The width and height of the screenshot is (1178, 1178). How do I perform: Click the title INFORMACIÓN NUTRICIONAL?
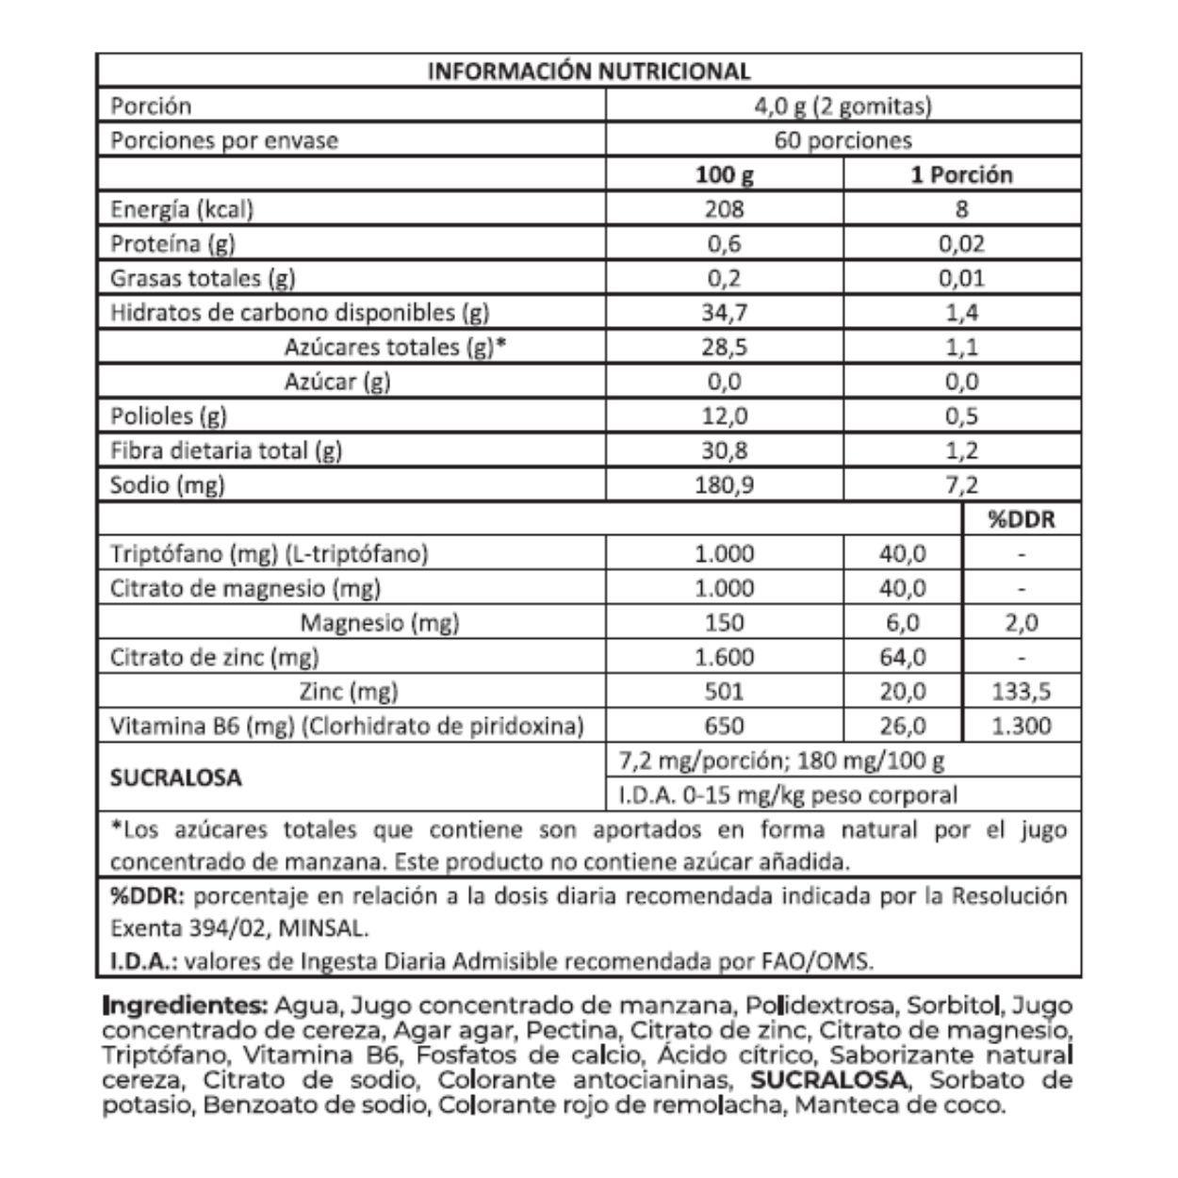pos(589,71)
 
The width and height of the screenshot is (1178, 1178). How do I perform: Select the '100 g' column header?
pos(724,175)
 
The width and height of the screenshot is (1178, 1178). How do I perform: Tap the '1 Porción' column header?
pos(961,175)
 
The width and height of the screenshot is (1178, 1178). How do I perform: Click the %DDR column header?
pos(1022,519)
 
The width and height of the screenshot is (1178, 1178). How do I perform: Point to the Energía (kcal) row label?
pos(182,209)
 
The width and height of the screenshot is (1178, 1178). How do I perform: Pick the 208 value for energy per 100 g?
pos(724,209)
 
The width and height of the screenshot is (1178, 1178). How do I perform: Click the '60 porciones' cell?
pos(843,140)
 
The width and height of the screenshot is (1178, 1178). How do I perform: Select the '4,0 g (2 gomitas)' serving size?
pos(843,106)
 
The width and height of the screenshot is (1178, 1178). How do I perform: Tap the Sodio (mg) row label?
pos(168,485)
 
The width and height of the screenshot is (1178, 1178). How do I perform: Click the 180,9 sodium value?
pos(724,485)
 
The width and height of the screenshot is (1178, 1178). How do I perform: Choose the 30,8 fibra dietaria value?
pos(724,450)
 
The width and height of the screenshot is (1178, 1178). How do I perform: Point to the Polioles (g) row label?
pos(169,416)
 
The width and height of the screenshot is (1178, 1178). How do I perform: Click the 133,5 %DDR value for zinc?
pos(1022,692)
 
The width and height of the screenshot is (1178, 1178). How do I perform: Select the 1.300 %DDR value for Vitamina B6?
pos(1022,727)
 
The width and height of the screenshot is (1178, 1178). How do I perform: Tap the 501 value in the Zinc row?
pos(724,692)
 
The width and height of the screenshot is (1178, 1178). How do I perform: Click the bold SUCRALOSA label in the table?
pos(175,778)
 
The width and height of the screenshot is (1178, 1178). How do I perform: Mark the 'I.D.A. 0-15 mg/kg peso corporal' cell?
pos(788,795)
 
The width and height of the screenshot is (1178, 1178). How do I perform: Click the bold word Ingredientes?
pos(186,1005)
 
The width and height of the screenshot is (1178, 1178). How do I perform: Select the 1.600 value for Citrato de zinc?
pos(724,657)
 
